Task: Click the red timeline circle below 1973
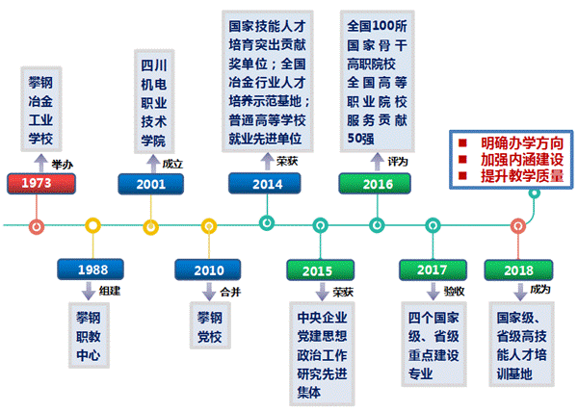pos(37,226)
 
